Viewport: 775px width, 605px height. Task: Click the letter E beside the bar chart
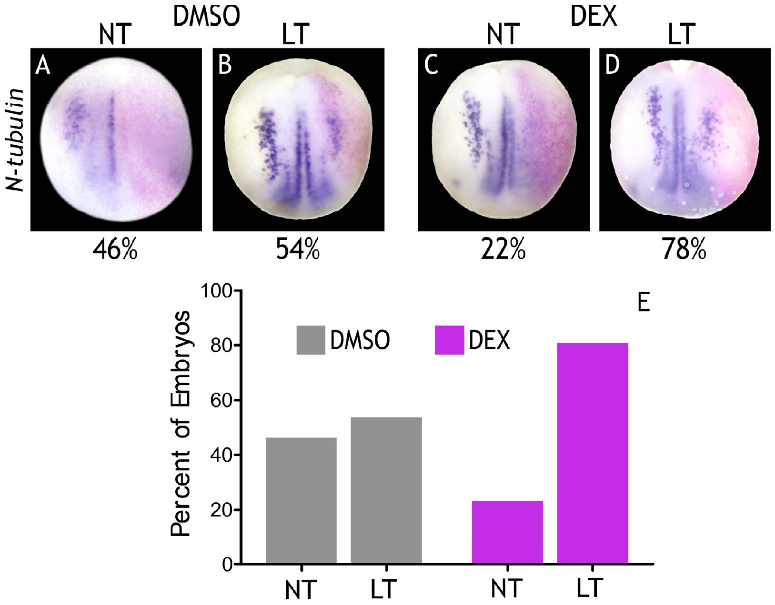pos(643,303)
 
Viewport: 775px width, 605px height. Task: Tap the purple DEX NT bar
pos(507,533)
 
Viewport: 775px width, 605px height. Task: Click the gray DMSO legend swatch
pos(311,340)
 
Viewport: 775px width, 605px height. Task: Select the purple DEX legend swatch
pos(449,340)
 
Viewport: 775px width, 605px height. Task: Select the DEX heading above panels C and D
pos(593,17)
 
